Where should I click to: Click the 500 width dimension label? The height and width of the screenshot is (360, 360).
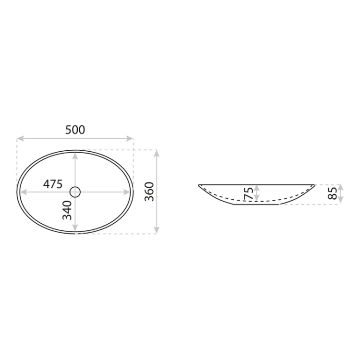click(x=75, y=130)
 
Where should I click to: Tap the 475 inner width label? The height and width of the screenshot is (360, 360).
click(x=53, y=184)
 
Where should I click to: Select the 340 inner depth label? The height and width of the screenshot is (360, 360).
click(x=67, y=210)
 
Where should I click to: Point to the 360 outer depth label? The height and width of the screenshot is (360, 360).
click(x=149, y=192)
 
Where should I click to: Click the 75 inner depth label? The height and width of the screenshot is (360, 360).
click(x=249, y=193)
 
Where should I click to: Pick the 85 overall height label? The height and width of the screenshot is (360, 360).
click(x=333, y=193)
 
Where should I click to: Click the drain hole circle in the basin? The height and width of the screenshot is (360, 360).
click(x=75, y=192)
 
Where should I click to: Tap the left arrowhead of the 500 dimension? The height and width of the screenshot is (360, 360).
click(x=21, y=138)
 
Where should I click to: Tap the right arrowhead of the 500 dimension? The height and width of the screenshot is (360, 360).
click(x=130, y=138)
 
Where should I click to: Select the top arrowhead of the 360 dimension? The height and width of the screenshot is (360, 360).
click(x=156, y=154)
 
